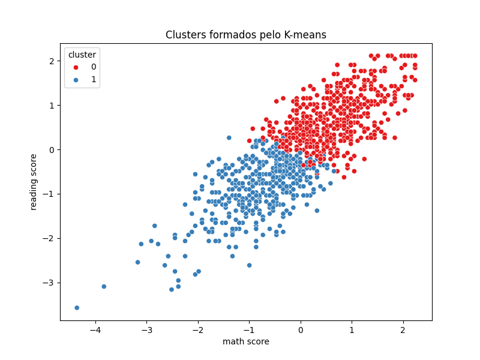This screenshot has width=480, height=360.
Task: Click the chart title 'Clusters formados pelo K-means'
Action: tap(246, 35)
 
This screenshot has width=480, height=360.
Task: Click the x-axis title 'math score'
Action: tap(246, 342)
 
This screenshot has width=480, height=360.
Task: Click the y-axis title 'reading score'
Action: tap(34, 182)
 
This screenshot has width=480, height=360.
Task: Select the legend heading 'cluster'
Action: tap(82, 55)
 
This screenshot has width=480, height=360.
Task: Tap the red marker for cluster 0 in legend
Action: tap(76, 67)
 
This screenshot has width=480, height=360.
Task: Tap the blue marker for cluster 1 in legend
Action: tap(76, 79)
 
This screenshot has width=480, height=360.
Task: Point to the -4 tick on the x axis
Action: tap(95, 329)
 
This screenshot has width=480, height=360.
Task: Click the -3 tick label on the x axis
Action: tap(146, 329)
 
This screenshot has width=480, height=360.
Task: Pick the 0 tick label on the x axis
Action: tap(301, 329)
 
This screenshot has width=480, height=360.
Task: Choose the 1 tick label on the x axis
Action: tap(352, 329)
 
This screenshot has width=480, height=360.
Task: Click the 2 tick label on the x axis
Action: tap(403, 329)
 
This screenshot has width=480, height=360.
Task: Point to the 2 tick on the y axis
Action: tap(52, 61)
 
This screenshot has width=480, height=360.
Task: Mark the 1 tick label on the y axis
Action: tap(52, 106)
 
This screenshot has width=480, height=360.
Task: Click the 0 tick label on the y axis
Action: tap(52, 149)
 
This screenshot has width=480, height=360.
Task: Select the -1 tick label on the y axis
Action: tap(50, 194)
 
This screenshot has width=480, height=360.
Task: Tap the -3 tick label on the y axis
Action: tap(50, 283)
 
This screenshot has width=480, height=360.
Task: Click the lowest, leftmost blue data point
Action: tap(77, 308)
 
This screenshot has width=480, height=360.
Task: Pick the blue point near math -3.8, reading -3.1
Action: tap(104, 287)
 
